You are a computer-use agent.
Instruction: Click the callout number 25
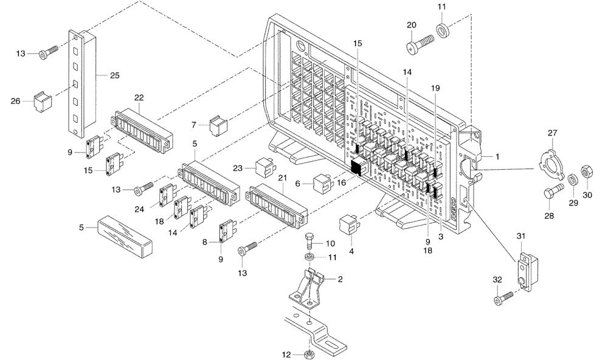coord(114,76)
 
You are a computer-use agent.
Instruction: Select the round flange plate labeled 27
coord(551,164)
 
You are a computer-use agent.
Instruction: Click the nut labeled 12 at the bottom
coord(308,354)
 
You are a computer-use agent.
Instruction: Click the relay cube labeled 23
coord(263,167)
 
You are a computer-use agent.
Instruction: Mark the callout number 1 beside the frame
coord(497,156)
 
